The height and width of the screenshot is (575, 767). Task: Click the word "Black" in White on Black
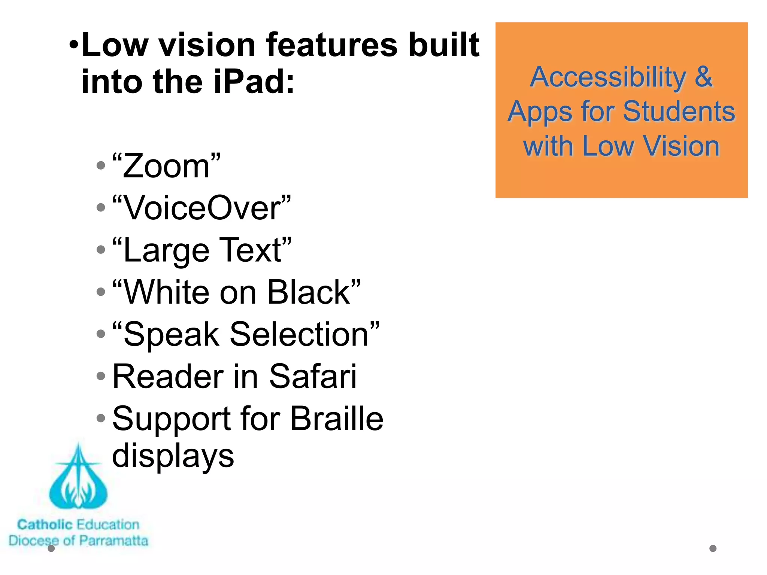[x=309, y=292]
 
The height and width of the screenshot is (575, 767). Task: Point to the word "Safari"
[x=313, y=376]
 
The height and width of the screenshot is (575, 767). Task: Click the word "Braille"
[x=337, y=419]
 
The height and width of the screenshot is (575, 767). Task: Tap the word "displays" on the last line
[x=173, y=456]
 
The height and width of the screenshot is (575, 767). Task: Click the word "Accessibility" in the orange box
[x=608, y=77]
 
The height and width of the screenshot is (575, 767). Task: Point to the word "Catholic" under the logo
[x=45, y=525]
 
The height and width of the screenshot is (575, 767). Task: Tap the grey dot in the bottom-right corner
[x=713, y=548]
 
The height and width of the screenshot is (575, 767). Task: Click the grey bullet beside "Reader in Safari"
[x=101, y=376]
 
